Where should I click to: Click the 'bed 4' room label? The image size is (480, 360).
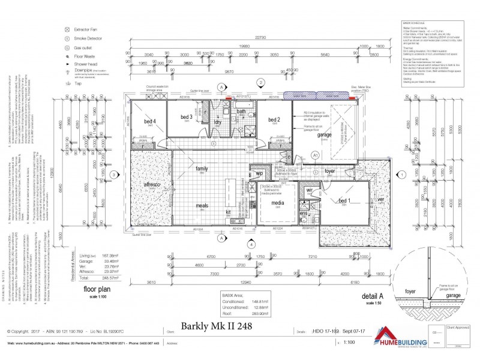[150, 121]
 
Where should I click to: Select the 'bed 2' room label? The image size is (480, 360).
[275, 119]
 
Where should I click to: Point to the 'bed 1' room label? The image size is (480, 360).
[344, 200]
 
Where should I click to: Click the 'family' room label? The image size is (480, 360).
[201, 169]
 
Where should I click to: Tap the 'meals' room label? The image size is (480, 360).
[202, 206]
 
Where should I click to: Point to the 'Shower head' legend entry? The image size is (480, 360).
[86, 63]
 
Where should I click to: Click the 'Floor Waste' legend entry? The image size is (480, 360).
[85, 55]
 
